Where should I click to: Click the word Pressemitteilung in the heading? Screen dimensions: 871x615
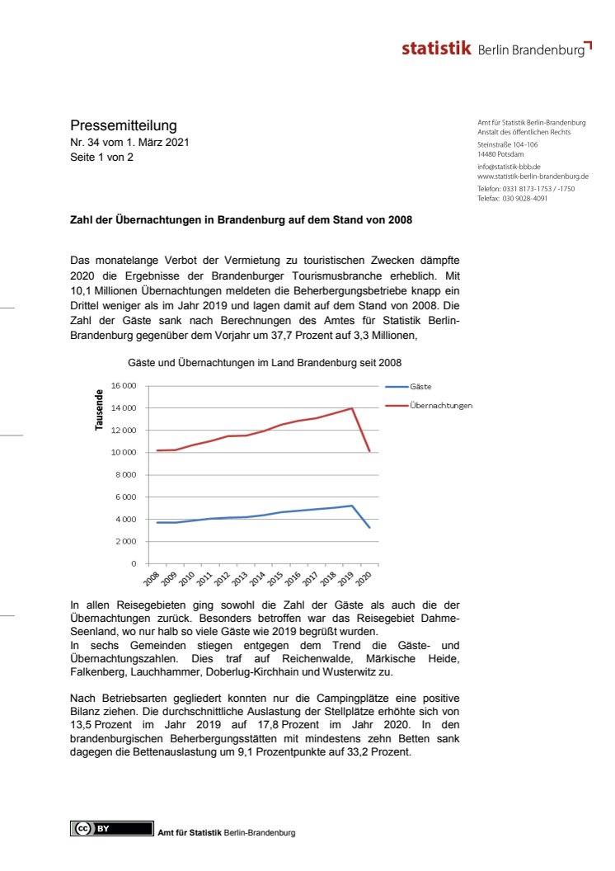(124, 125)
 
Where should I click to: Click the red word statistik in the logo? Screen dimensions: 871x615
(437, 49)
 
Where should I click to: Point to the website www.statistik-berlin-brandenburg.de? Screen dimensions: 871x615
(533, 176)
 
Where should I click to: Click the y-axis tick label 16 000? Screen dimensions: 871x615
(122, 386)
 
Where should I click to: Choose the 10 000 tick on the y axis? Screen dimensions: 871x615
(122, 453)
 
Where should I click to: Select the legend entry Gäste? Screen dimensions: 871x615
(420, 386)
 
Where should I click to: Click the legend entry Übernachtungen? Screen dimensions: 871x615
(440, 406)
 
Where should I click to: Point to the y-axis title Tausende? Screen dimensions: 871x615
(100, 409)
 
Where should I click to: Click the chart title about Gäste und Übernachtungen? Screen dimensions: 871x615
(265, 362)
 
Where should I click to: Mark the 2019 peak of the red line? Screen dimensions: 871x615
(353, 408)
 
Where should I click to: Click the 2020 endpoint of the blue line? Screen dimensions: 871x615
(370, 527)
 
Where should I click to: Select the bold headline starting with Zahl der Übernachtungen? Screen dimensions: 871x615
(241, 220)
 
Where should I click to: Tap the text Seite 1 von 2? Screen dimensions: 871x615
(101, 158)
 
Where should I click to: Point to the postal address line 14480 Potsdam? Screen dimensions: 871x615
(500, 153)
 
